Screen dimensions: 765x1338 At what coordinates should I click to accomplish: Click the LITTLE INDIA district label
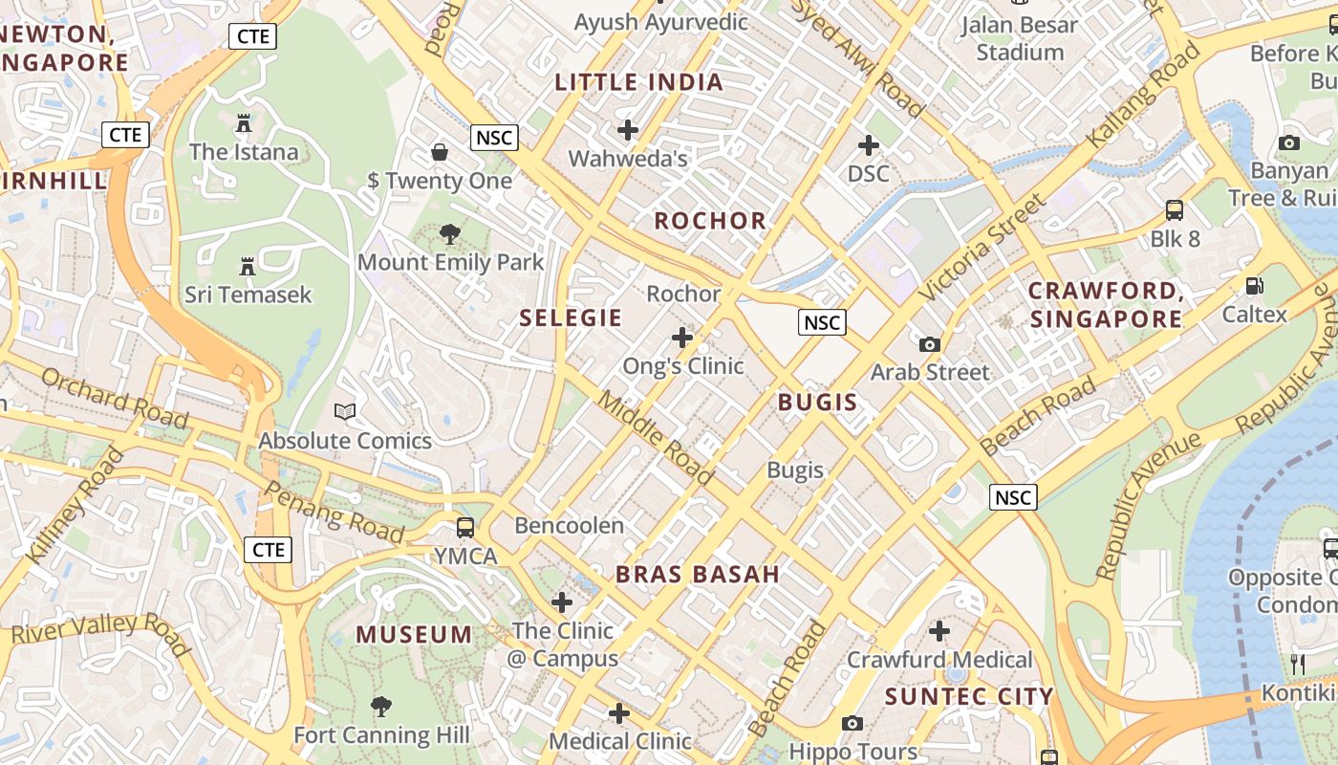[x=638, y=82]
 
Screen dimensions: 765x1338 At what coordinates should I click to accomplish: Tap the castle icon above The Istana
[x=243, y=123]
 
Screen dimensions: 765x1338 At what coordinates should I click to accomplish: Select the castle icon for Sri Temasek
[x=248, y=266]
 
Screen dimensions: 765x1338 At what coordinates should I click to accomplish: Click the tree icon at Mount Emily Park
[x=449, y=234]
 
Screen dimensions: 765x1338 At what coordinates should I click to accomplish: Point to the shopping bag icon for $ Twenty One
[x=440, y=152]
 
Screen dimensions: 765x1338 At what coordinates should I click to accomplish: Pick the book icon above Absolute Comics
[x=345, y=412]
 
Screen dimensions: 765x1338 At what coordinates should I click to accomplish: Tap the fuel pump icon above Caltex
[x=1254, y=286]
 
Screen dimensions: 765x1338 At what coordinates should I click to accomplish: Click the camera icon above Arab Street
[x=929, y=344]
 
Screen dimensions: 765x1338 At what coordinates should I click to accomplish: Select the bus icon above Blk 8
[x=1175, y=210]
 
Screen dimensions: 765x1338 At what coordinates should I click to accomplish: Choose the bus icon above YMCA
[x=465, y=528]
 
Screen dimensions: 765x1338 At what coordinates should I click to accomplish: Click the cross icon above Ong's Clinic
[x=682, y=338]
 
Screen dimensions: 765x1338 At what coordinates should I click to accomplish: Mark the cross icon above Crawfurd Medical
[x=939, y=631]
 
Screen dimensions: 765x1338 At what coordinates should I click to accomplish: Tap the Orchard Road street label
[x=115, y=397]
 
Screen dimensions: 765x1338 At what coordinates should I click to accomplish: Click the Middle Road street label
[x=656, y=437]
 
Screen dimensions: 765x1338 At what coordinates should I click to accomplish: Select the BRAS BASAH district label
[x=698, y=575]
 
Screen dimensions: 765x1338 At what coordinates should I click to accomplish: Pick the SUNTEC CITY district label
[x=969, y=696]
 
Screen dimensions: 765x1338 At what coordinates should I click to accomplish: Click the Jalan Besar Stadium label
[x=1020, y=38]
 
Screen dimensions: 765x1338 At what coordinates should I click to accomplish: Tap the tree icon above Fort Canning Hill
[x=381, y=707]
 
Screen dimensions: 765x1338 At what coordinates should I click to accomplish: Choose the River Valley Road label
[x=100, y=632]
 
